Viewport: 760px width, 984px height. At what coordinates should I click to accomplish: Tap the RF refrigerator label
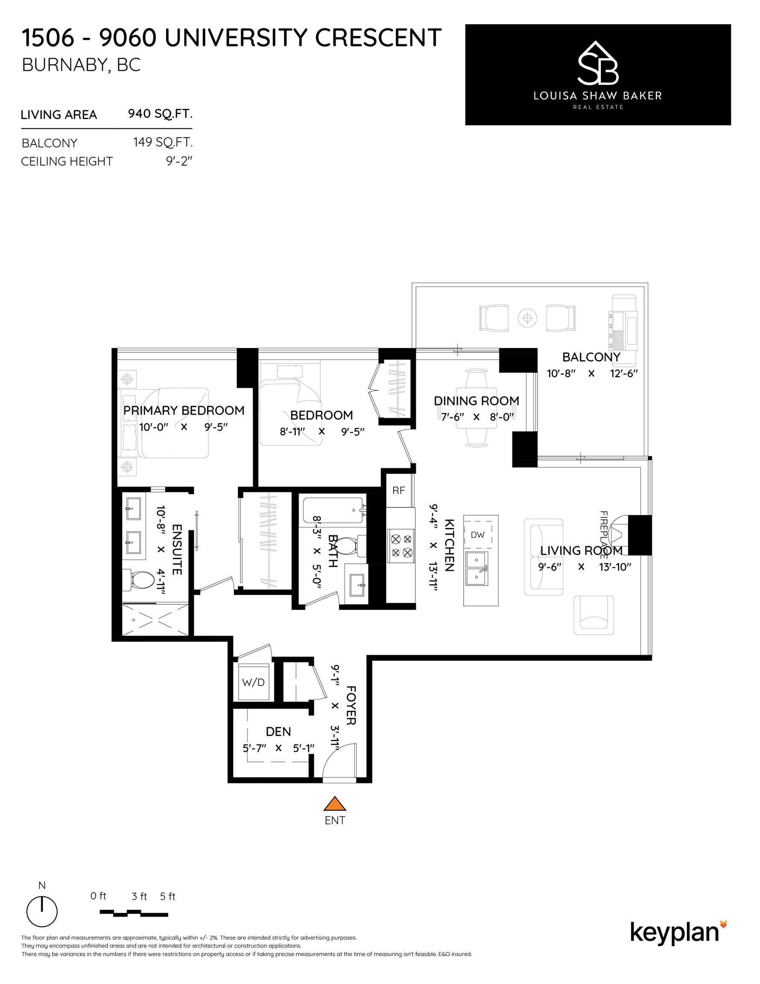tap(398, 490)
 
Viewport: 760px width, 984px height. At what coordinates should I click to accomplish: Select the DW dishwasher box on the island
tap(477, 535)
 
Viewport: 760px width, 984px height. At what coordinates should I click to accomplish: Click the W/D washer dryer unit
tap(253, 682)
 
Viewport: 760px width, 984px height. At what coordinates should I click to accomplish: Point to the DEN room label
tap(278, 731)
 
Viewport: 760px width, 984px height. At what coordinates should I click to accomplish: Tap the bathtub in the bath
tap(333, 510)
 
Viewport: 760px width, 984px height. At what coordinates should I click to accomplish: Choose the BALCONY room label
tap(591, 357)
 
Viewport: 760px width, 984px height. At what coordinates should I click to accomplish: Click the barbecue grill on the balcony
tap(623, 323)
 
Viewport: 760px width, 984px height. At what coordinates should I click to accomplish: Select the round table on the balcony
tap(527, 319)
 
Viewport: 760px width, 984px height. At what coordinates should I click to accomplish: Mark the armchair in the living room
tap(594, 615)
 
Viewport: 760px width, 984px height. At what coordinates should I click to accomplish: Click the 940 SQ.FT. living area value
tap(160, 114)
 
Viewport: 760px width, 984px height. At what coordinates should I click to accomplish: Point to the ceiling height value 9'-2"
tap(179, 161)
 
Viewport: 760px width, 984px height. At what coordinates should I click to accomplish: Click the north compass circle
tap(42, 912)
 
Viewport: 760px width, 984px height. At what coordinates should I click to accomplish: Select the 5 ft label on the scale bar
tap(168, 896)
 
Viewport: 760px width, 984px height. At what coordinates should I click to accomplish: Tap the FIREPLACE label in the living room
tap(604, 534)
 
